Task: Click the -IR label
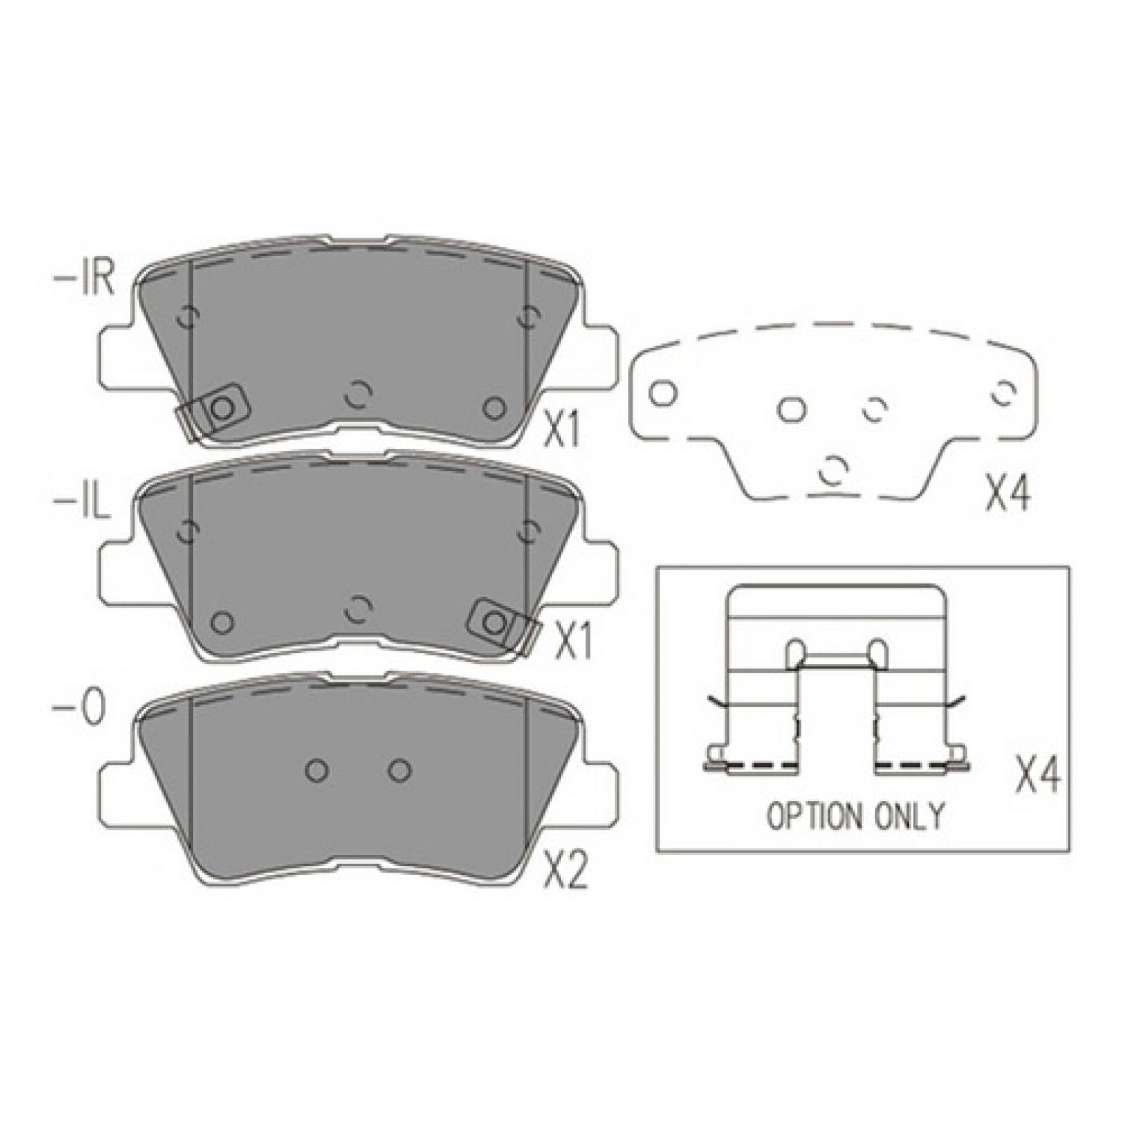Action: pyautogui.click(x=83, y=279)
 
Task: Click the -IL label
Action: pyautogui.click(x=81, y=503)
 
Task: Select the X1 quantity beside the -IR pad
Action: pyautogui.click(x=563, y=430)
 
